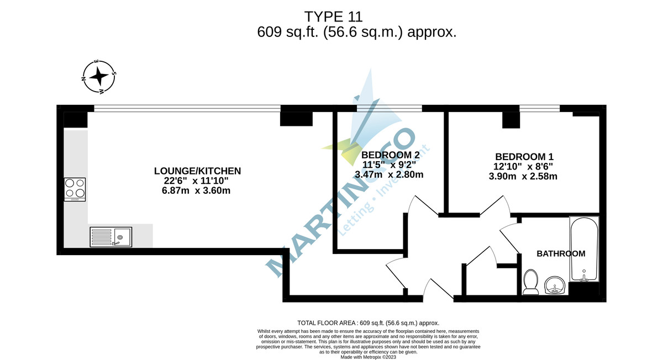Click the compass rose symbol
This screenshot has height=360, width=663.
pyautogui.click(x=99, y=75)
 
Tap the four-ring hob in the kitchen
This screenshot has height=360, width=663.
pyautogui.click(x=75, y=189)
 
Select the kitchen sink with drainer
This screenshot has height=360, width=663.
pyautogui.click(x=110, y=237)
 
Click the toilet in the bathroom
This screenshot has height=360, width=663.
pyautogui.click(x=531, y=281)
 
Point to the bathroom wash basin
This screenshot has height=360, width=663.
pyautogui.click(x=554, y=285)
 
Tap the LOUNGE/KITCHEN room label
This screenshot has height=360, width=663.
pyautogui.click(x=197, y=171)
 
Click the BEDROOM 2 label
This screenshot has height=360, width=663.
pyautogui.click(x=390, y=155)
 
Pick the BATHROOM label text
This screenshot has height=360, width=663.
pyautogui.click(x=561, y=254)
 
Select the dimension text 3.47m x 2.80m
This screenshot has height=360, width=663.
pyautogui.click(x=389, y=175)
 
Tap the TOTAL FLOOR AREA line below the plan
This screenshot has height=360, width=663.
pyautogui.click(x=368, y=323)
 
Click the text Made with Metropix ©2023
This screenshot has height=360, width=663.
pyautogui.click(x=368, y=357)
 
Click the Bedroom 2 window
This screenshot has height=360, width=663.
pyautogui.click(x=389, y=109)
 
